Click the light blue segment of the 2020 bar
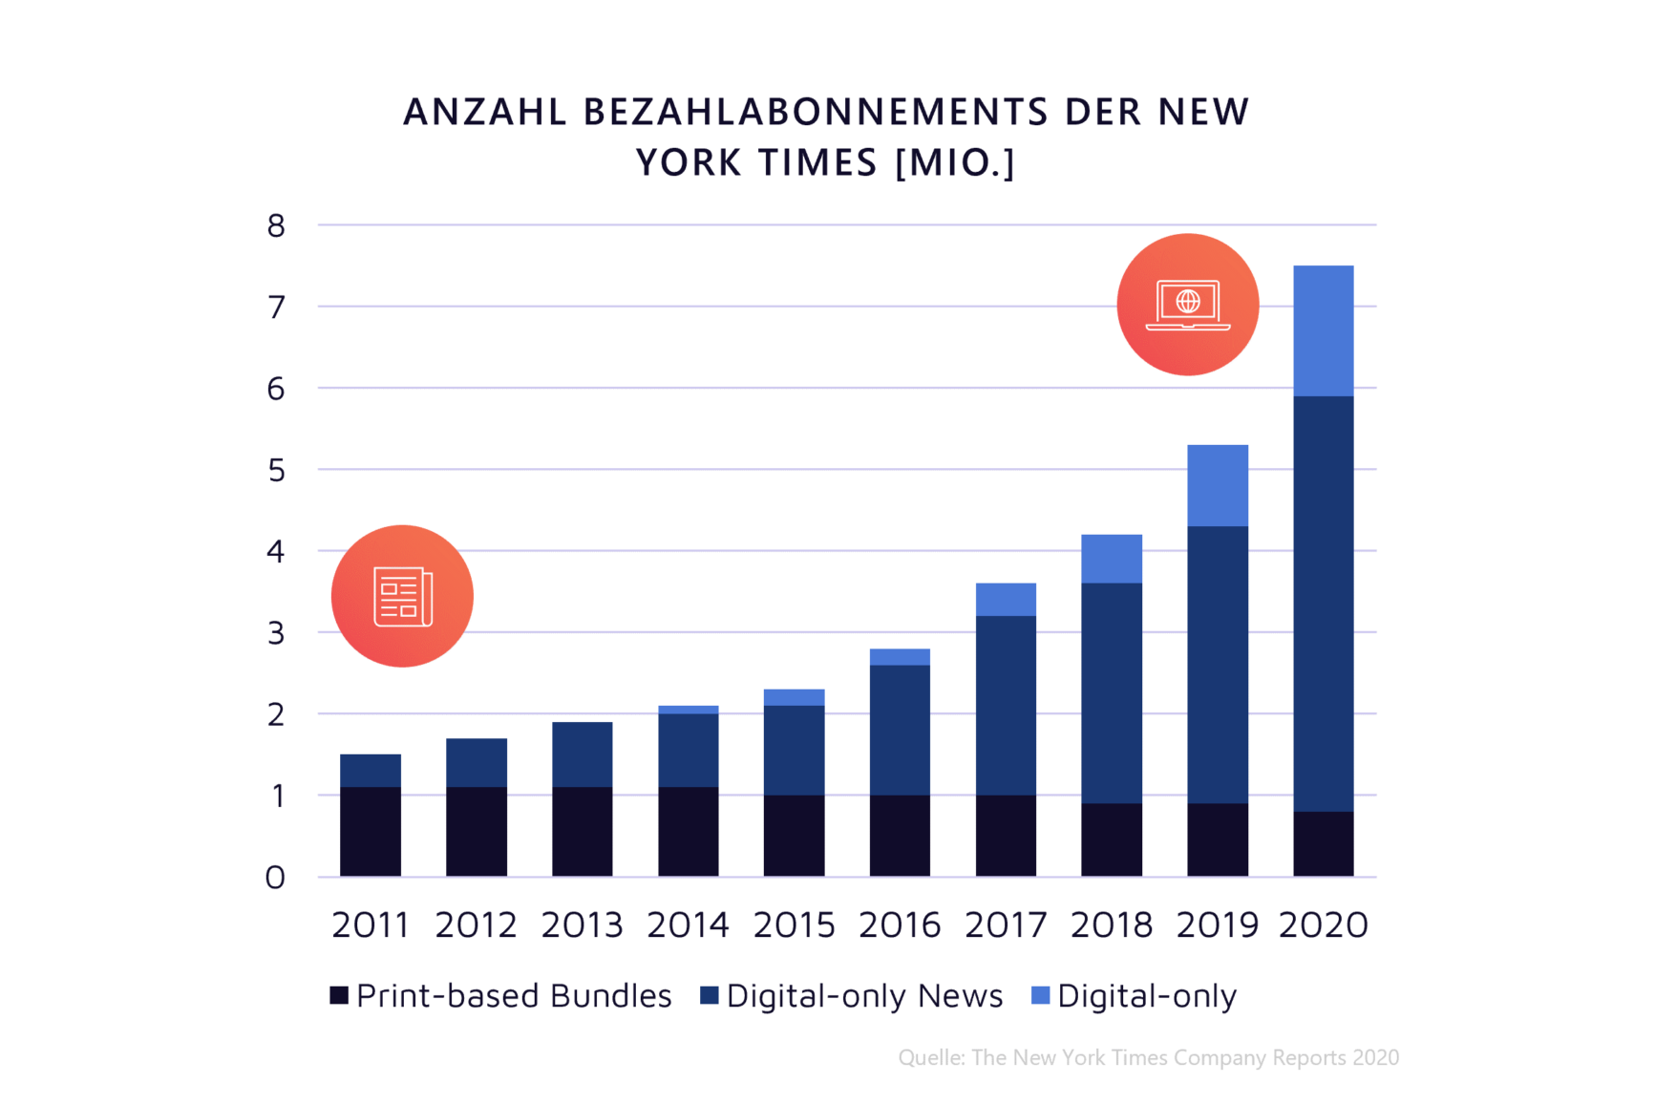coord(1323,330)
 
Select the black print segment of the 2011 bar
coord(371,831)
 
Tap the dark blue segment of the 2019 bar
coord(1218,665)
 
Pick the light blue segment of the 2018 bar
coord(1112,559)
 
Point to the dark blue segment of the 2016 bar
coord(900,730)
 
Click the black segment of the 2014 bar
coord(688,831)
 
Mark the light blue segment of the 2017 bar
coord(1006,600)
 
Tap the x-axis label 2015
coord(794,924)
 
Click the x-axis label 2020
coord(1323,924)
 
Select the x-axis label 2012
coord(476,924)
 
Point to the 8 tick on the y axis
coord(276,226)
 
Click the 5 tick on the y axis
coord(276,470)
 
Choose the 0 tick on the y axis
coord(275,878)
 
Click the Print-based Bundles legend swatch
coord(339,996)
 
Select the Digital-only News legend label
coord(864,996)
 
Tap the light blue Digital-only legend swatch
coord(1041,996)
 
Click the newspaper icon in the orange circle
coord(402,596)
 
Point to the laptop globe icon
coord(1188,305)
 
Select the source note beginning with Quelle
coord(1148,1057)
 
